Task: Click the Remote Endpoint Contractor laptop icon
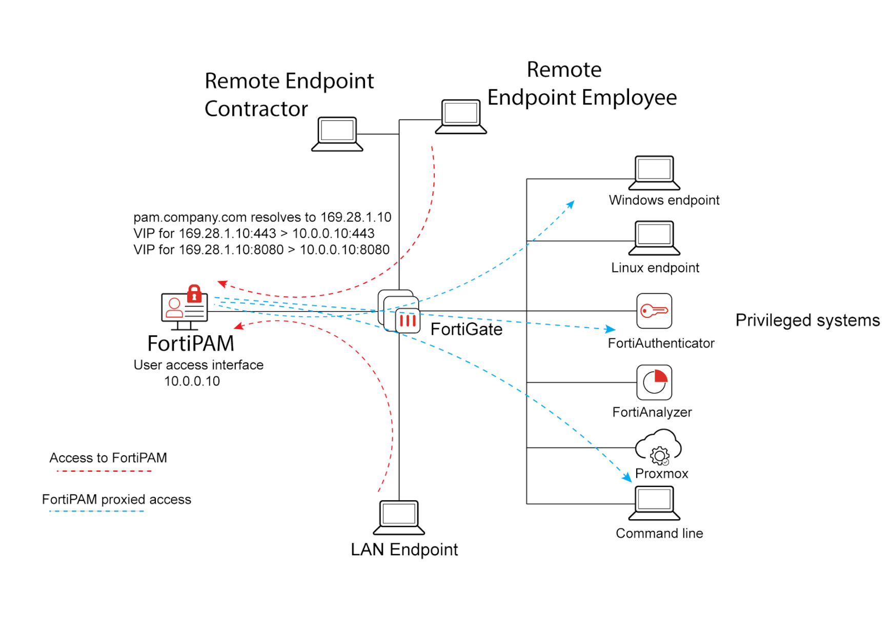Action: pos(337,133)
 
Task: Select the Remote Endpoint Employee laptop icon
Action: pos(461,116)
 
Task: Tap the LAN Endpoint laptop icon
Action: pos(399,517)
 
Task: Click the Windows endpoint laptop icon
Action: pos(654,172)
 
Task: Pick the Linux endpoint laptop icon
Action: pos(654,237)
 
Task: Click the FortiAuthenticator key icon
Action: pos(654,311)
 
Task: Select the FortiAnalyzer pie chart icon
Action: pos(654,382)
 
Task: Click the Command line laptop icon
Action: pos(654,502)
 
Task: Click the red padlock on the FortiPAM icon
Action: pos(194,294)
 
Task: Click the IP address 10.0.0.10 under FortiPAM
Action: pos(192,381)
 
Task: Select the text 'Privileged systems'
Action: pos(807,320)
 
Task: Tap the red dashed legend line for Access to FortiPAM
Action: pos(104,471)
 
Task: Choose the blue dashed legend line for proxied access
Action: pos(96,511)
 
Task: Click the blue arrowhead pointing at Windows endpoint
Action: pos(571,204)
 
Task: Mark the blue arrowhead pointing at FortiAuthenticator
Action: pos(611,329)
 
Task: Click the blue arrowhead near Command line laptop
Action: pos(627,478)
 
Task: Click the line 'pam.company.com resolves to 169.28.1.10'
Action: pos(262,217)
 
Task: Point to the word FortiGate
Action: pos(466,329)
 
